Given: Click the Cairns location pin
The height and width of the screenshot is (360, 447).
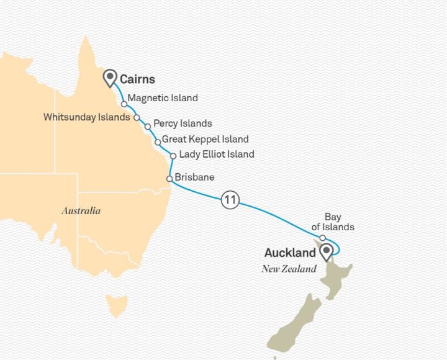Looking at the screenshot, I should pyautogui.click(x=111, y=77).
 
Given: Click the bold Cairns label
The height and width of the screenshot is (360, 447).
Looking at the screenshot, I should pyautogui.click(x=137, y=79).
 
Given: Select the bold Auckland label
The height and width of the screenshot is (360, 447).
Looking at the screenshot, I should pyautogui.click(x=290, y=253).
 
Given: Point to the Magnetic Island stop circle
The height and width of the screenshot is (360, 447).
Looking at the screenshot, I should pyautogui.click(x=124, y=104).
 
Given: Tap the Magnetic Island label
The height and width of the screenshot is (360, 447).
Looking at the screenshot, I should pyautogui.click(x=163, y=98).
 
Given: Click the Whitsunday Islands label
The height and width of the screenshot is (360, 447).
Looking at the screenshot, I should pyautogui.click(x=86, y=117).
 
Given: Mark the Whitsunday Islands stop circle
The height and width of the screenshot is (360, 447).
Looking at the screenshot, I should pyautogui.click(x=137, y=117).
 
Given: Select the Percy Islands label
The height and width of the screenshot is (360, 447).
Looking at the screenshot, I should pyautogui.click(x=183, y=124).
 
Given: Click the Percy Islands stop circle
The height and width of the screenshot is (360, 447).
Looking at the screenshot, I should pyautogui.click(x=148, y=127).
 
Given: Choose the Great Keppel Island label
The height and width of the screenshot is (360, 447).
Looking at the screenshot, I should pyautogui.click(x=205, y=139).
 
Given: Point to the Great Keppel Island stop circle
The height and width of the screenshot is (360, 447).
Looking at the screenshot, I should pyautogui.click(x=158, y=142).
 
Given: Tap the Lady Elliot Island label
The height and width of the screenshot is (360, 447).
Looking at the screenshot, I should pyautogui.click(x=216, y=154).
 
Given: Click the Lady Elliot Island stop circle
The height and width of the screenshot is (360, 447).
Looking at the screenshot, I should pyautogui.click(x=173, y=156).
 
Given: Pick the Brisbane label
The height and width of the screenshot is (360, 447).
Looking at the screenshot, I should pyautogui.click(x=194, y=177).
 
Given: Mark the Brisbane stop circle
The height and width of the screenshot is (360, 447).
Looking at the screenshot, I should pyautogui.click(x=169, y=179).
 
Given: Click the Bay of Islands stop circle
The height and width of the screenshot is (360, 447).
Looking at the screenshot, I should pyautogui.click(x=322, y=238).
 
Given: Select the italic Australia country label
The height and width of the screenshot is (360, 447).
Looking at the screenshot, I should pyautogui.click(x=81, y=211).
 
